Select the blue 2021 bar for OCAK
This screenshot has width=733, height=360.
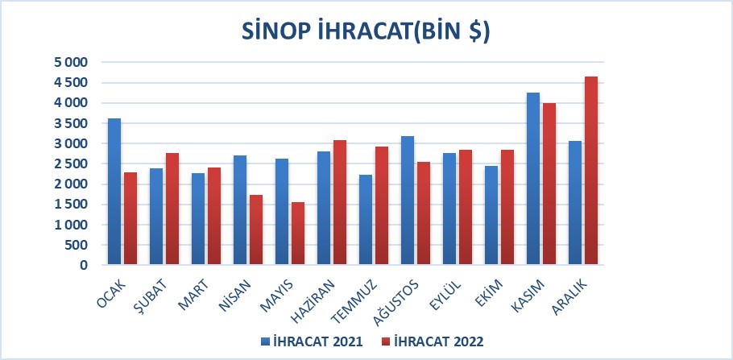coord(114,192)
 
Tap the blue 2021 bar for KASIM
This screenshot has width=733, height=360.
coord(533,179)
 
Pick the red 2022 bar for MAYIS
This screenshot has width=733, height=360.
coord(298,234)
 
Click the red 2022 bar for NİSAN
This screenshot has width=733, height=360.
coord(255,230)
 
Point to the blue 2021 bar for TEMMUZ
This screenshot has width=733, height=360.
coord(366,220)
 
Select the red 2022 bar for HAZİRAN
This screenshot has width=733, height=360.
coord(340,202)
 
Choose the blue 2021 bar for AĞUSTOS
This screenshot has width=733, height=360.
coord(408,201)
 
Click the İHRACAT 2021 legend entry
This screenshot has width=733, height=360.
coord(313,341)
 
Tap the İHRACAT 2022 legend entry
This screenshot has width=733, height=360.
coord(433,341)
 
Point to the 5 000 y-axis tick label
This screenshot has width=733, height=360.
coord(71,62)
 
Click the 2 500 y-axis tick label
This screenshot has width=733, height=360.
coord(71,163)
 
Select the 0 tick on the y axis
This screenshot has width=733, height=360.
coord(84,265)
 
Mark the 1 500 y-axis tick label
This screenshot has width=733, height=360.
coord(71,205)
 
